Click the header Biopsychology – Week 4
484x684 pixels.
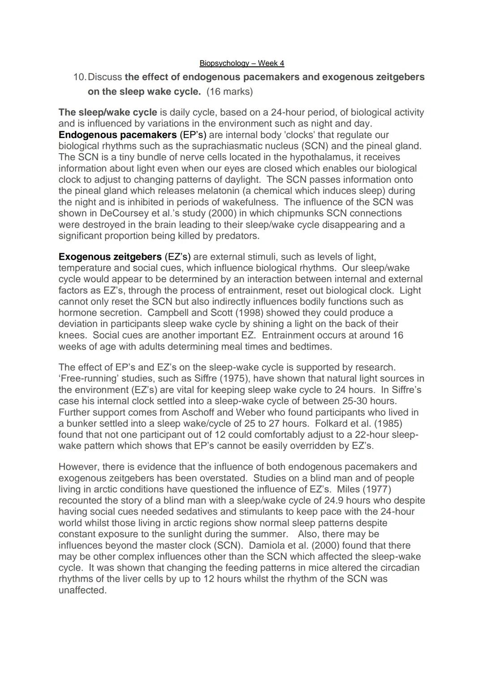coord(242,64)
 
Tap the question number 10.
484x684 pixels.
coord(80,77)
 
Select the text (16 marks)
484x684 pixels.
coord(229,92)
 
